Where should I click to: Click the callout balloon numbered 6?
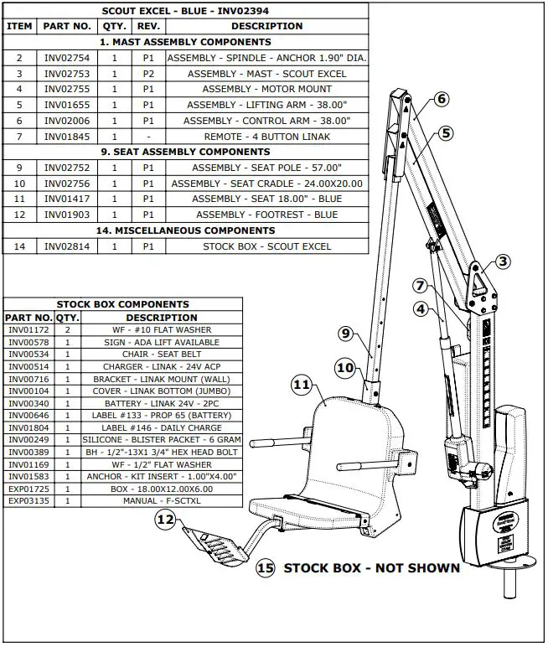[441, 99]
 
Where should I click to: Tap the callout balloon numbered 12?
[165, 519]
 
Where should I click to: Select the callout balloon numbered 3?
[503, 261]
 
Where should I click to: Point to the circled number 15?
[266, 568]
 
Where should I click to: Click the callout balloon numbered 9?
[346, 334]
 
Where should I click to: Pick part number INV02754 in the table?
[67, 58]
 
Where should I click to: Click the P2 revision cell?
[148, 74]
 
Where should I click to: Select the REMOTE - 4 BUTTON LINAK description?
[267, 137]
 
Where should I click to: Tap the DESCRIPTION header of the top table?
[267, 26]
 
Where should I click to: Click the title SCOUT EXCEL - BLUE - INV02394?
[185, 11]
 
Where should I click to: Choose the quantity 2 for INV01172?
[67, 330]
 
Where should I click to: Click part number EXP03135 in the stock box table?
[28, 501]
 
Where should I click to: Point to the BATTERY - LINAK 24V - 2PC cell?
[162, 404]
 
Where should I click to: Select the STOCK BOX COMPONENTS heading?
[123, 304]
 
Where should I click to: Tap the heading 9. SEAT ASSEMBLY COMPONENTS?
[185, 152]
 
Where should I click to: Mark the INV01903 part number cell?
[67, 215]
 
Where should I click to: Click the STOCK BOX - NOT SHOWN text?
[371, 568]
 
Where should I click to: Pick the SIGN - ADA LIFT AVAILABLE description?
[162, 343]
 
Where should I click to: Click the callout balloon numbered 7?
[420, 286]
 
